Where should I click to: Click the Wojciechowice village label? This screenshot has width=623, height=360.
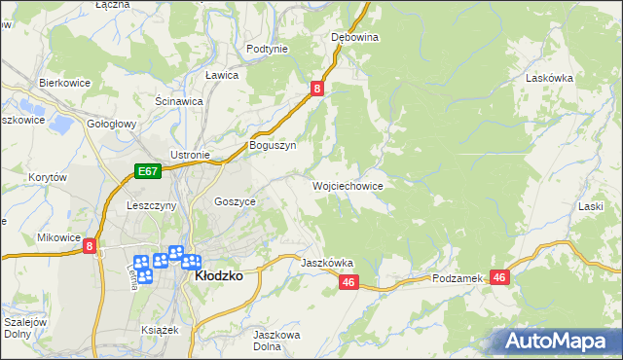[x=348, y=185]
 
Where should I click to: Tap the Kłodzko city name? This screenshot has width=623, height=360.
[x=219, y=275]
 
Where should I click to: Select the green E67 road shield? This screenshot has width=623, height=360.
[x=147, y=172]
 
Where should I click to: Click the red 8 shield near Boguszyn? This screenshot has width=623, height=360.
[x=317, y=89]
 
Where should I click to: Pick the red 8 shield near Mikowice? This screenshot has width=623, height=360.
[x=90, y=247]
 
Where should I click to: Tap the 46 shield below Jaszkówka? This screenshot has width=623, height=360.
[x=350, y=282]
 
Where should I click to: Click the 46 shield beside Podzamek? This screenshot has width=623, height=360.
[x=500, y=277]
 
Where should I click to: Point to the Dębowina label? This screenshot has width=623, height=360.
[x=354, y=37]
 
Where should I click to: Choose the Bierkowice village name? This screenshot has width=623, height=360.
[x=64, y=83]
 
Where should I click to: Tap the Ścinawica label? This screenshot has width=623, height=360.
[x=178, y=100]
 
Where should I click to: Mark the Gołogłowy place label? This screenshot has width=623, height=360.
[x=112, y=125]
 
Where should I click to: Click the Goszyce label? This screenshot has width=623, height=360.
[x=235, y=200]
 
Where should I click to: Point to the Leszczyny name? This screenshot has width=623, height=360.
[x=151, y=205]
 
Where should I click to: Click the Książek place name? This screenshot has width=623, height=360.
[x=159, y=330]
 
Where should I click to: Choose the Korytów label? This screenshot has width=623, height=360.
[x=47, y=178]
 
